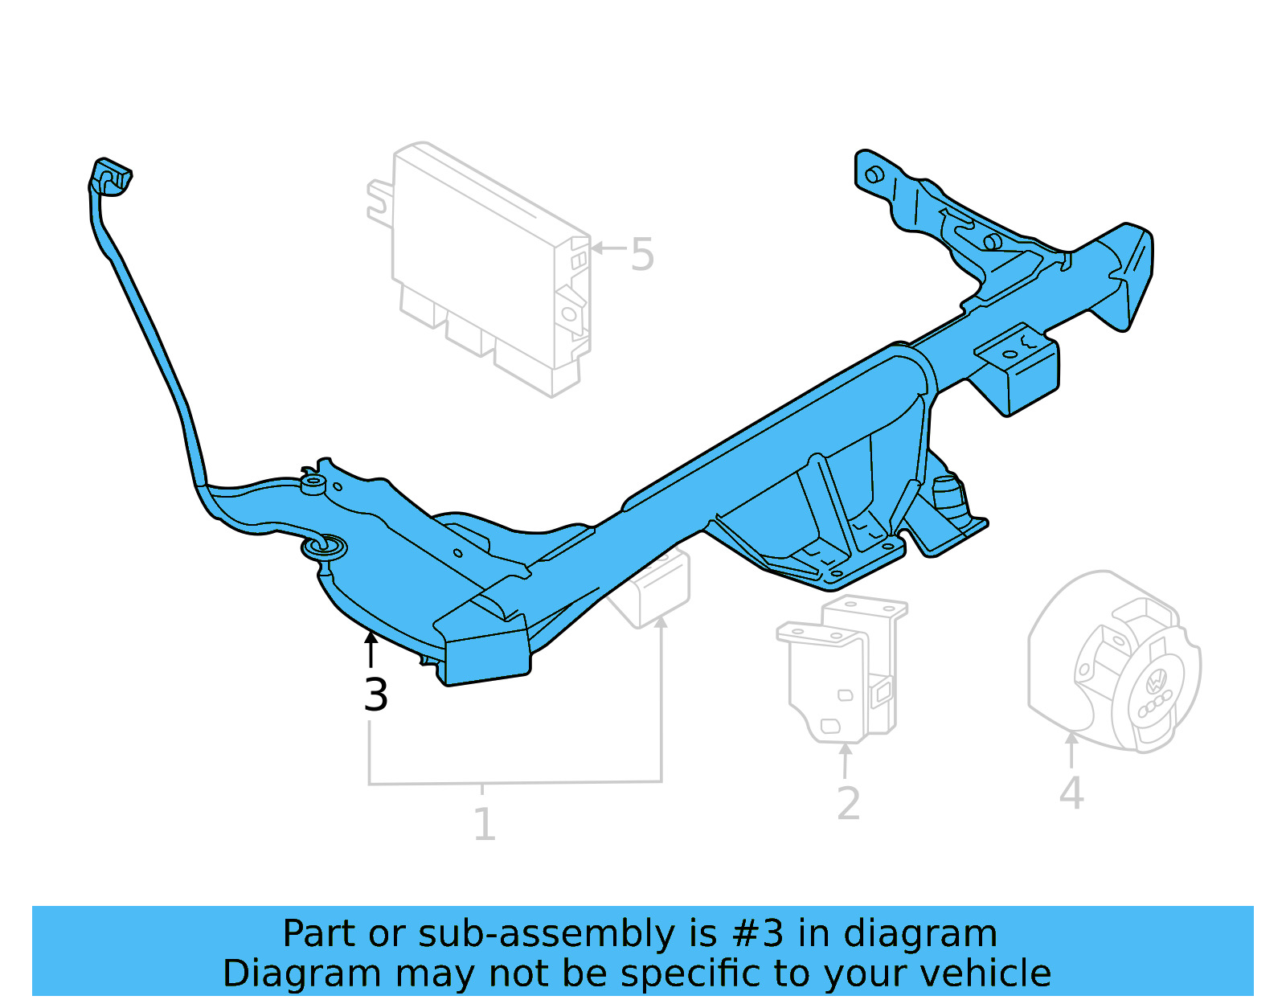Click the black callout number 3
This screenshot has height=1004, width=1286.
tap(375, 695)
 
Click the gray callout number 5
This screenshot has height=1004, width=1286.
tap(642, 255)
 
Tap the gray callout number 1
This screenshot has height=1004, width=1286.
tap(484, 825)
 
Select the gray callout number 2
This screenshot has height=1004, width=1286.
tap(848, 804)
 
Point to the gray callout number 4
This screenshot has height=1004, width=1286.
tap(1071, 794)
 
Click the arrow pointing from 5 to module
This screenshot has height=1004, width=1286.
tap(608, 248)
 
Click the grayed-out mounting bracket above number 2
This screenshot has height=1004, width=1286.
tap(840, 667)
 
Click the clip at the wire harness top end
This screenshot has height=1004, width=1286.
tap(110, 177)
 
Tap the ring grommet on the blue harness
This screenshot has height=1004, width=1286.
tap(324, 548)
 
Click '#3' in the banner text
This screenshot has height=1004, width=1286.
tap(758, 934)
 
